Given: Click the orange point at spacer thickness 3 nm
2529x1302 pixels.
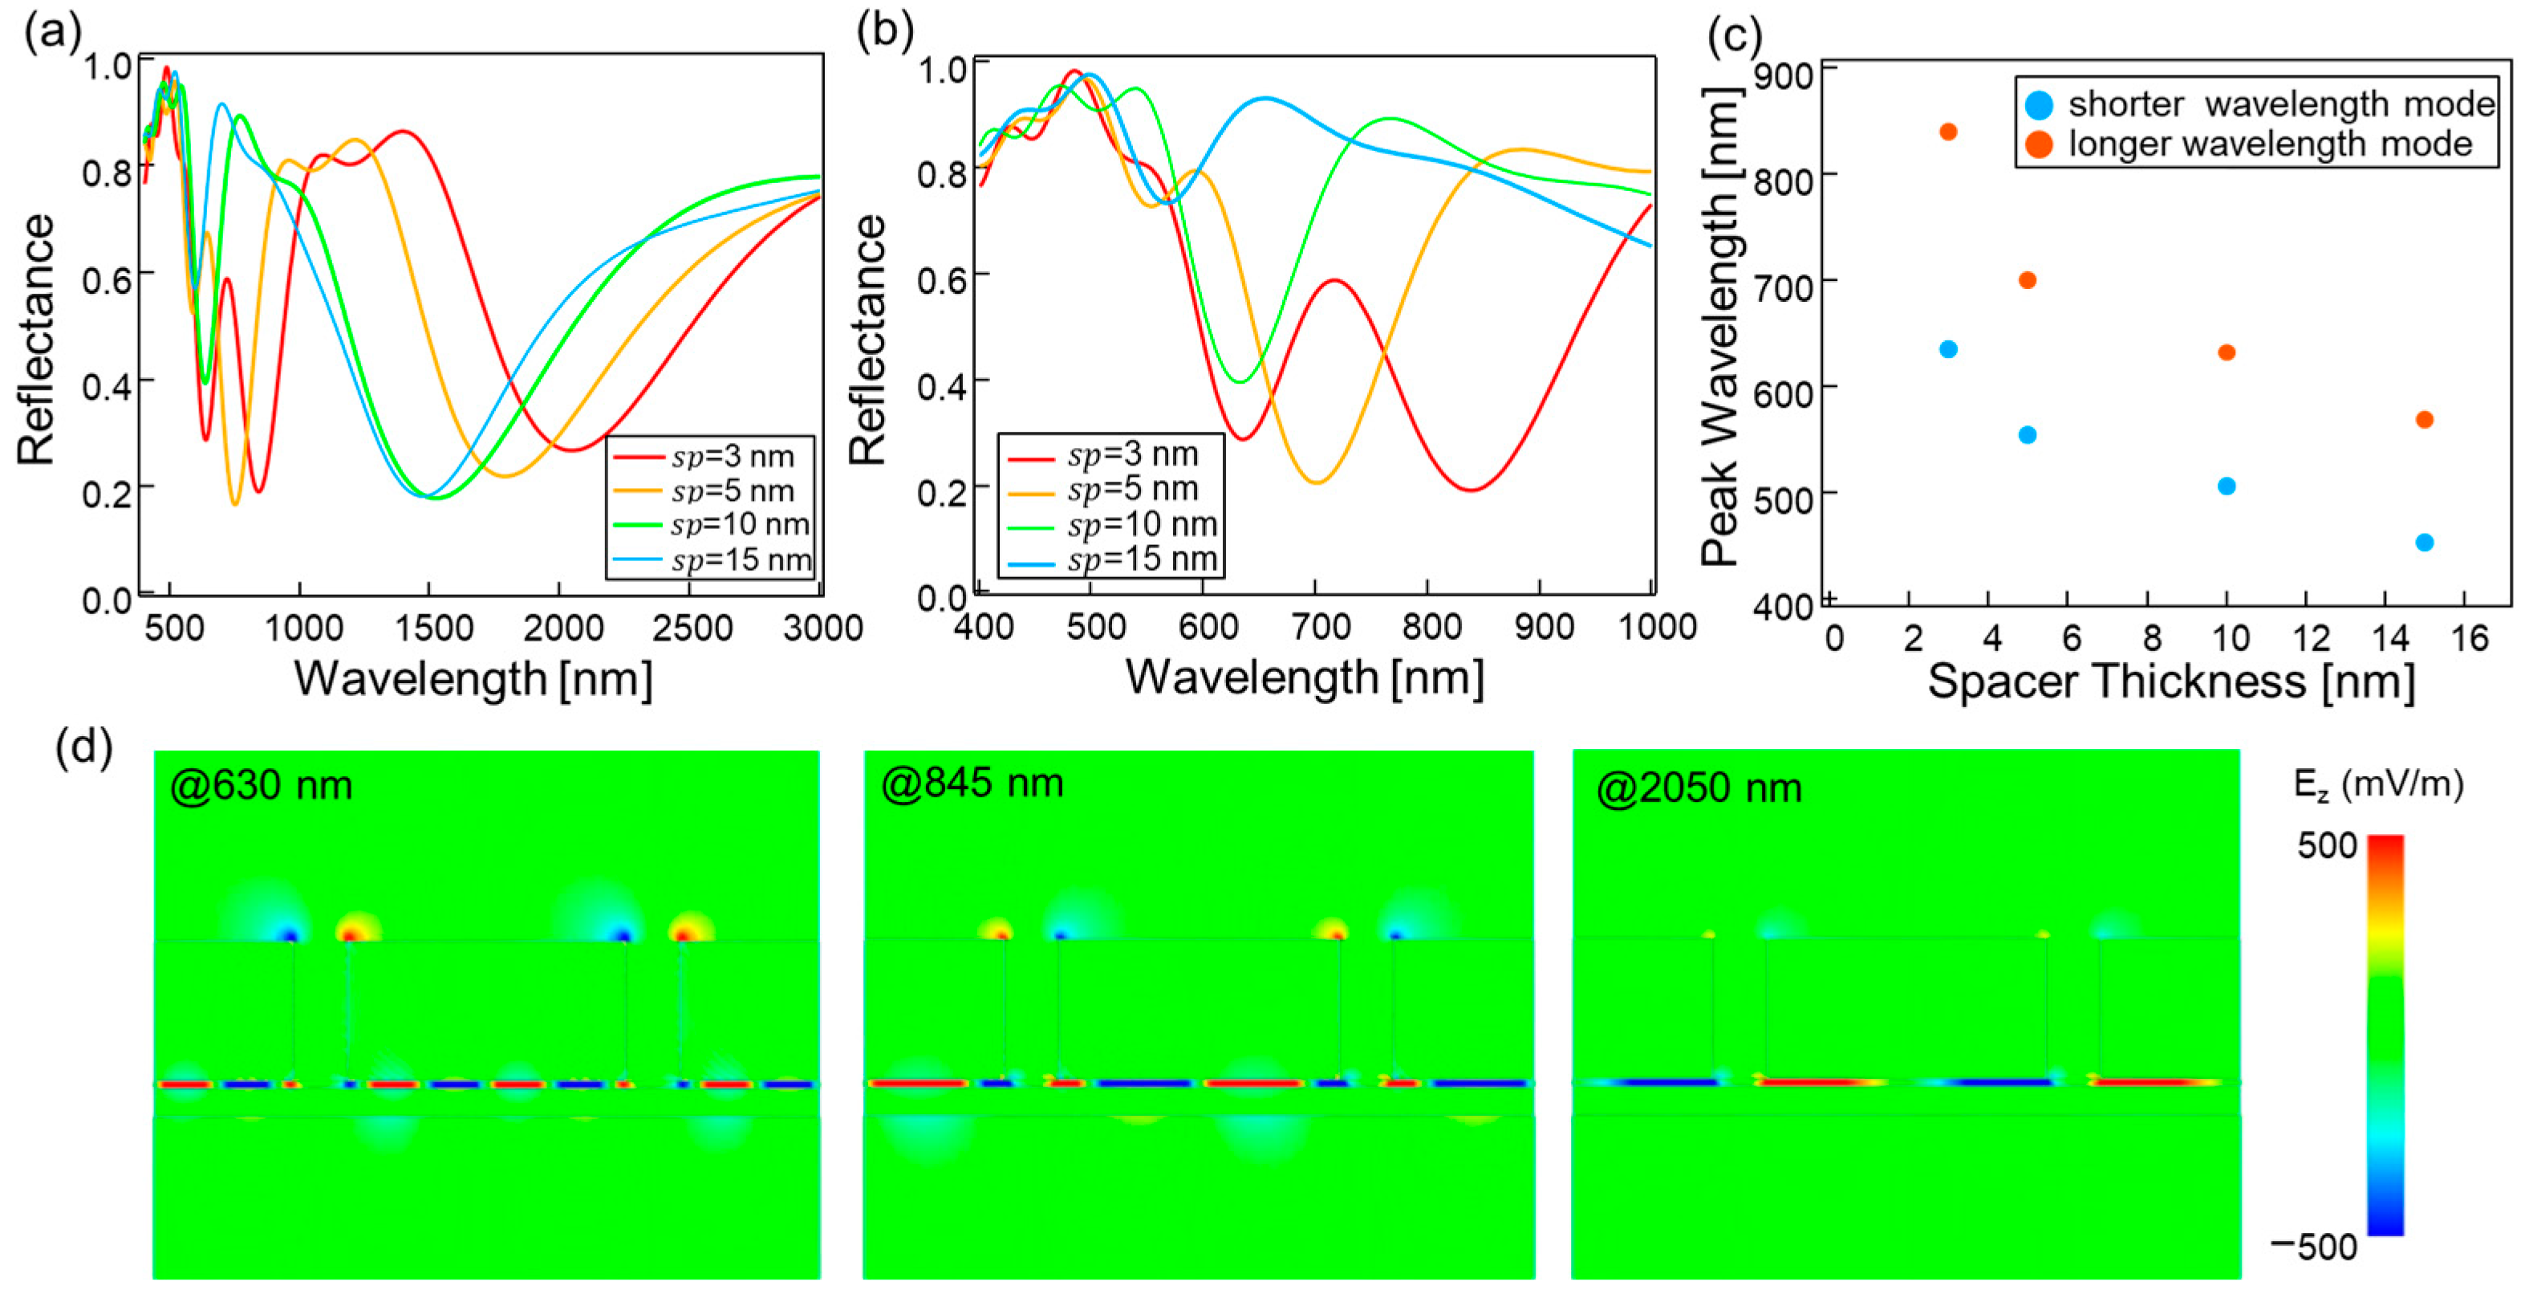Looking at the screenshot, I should point(1948,132).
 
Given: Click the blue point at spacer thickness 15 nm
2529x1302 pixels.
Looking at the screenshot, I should point(2424,542).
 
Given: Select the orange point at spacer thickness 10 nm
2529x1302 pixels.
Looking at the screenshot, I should point(2227,352).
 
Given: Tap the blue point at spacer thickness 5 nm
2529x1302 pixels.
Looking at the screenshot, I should point(2028,435).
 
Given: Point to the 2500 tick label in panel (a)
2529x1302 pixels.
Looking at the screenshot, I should point(692,629).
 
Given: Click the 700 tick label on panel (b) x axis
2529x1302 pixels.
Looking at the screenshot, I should point(1321,626).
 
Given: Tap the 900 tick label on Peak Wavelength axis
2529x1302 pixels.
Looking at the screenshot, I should point(1783,75).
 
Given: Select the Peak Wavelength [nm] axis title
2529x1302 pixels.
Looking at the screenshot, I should point(1720,327).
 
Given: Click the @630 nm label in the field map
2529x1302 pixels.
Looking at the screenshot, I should point(261,786).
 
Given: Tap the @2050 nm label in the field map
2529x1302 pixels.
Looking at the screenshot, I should point(1699,787).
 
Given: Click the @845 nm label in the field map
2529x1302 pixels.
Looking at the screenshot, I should point(972,783).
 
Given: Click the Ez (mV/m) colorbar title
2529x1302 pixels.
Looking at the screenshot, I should point(2378,784).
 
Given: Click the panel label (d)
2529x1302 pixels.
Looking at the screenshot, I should point(84,747).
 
